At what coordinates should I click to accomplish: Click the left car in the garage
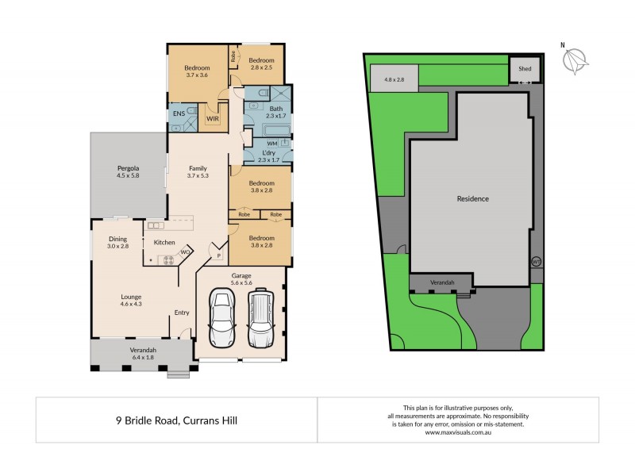tap(221, 320)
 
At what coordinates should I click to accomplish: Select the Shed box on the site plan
tap(525, 69)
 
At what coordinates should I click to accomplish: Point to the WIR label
tap(213, 118)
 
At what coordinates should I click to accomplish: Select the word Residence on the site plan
tap(472, 198)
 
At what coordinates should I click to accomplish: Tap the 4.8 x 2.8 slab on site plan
tap(394, 79)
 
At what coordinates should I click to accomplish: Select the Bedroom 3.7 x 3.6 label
tap(197, 70)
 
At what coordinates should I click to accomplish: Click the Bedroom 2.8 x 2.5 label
tap(261, 64)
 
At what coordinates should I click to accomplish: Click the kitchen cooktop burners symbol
tap(168, 259)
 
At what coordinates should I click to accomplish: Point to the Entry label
tap(182, 312)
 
